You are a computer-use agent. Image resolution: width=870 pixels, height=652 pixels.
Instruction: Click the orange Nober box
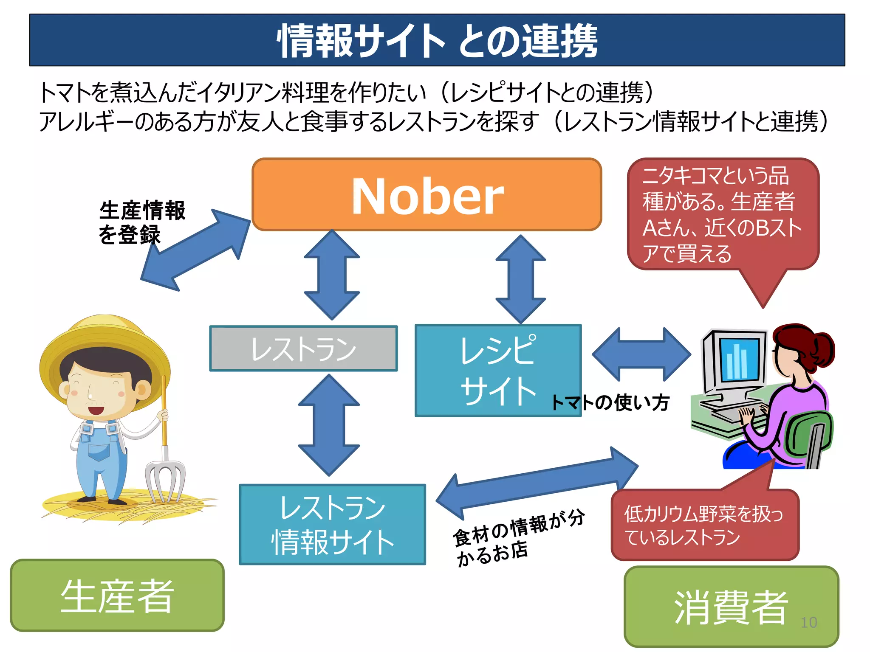tap(427, 195)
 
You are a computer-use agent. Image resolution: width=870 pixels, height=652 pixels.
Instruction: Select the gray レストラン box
tap(303, 349)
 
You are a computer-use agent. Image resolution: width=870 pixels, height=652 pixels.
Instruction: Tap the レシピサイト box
tap(498, 370)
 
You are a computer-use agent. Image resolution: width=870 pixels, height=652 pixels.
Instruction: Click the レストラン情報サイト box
tap(332, 525)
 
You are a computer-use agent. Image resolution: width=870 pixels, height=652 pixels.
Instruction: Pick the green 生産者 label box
tap(117, 596)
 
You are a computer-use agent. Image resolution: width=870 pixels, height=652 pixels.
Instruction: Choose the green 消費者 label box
tap(731, 607)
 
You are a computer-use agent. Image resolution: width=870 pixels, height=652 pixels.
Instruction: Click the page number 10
tap(808, 623)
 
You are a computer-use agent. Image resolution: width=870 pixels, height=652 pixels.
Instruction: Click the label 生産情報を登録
tap(141, 222)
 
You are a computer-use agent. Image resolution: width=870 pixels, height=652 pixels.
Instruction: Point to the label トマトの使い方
tap(610, 402)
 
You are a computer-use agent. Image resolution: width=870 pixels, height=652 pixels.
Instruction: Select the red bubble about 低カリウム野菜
tap(704, 526)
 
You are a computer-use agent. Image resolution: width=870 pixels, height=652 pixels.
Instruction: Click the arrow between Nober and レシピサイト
tap(520, 279)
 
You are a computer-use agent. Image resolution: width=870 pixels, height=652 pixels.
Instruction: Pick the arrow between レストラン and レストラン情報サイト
tap(329, 425)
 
